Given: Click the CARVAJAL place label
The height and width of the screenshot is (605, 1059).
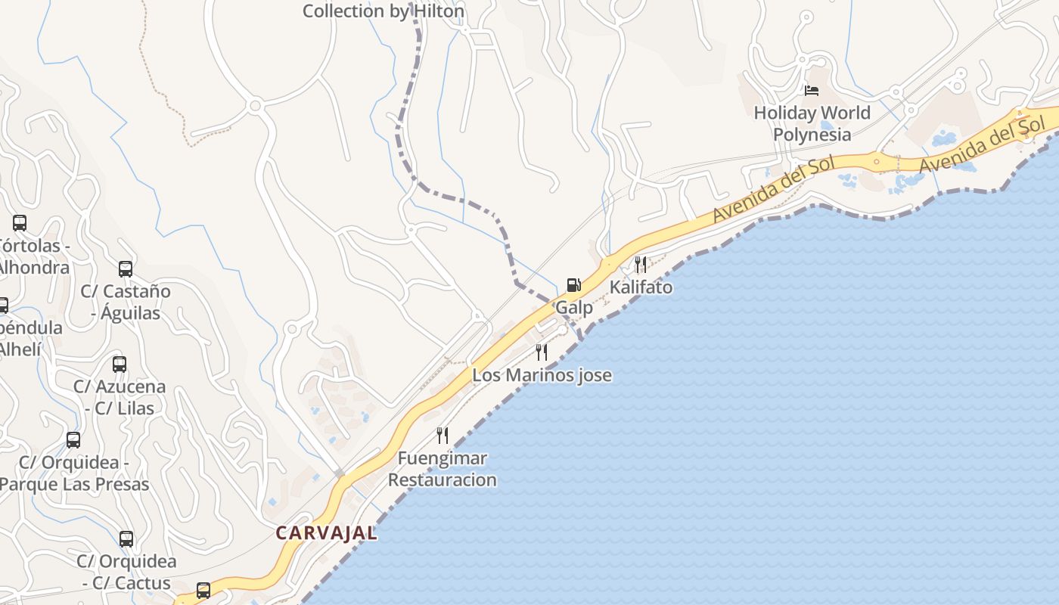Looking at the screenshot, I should click(326, 533).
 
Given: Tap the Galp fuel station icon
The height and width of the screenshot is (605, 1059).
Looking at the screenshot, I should click(574, 285).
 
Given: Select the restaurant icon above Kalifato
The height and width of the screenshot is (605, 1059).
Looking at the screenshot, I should click(641, 264).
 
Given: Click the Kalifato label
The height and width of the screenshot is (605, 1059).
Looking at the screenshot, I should click(641, 287).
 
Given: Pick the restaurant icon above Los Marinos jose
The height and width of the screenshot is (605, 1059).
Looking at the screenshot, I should click(542, 352).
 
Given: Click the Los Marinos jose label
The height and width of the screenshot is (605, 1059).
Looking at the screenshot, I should click(542, 375).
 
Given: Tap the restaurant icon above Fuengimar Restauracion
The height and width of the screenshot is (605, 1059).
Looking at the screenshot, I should click(443, 435).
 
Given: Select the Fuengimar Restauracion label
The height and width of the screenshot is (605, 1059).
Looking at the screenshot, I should click(443, 469).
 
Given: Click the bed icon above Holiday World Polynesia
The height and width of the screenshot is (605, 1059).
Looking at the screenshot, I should click(812, 91).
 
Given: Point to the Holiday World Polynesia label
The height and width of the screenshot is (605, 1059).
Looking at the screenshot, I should click(812, 123).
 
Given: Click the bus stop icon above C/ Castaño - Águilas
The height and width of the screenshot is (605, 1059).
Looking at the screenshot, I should click(126, 268).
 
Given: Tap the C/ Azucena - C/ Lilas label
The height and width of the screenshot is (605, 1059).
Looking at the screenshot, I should click(119, 397).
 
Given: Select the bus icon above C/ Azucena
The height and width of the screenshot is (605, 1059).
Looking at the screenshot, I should click(119, 364).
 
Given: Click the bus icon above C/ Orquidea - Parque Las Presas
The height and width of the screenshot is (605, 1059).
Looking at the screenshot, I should click(73, 439).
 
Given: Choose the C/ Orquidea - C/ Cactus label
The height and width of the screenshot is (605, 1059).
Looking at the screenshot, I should click(126, 572).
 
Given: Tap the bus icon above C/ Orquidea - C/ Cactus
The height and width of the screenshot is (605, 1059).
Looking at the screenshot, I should click(126, 539).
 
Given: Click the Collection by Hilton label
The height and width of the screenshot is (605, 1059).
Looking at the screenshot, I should click(383, 11).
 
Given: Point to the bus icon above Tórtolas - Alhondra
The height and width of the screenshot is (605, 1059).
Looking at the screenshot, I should click(20, 223).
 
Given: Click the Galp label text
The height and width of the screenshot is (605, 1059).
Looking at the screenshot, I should click(574, 308).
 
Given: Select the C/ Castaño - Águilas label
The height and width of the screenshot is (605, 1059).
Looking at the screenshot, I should click(126, 302).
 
